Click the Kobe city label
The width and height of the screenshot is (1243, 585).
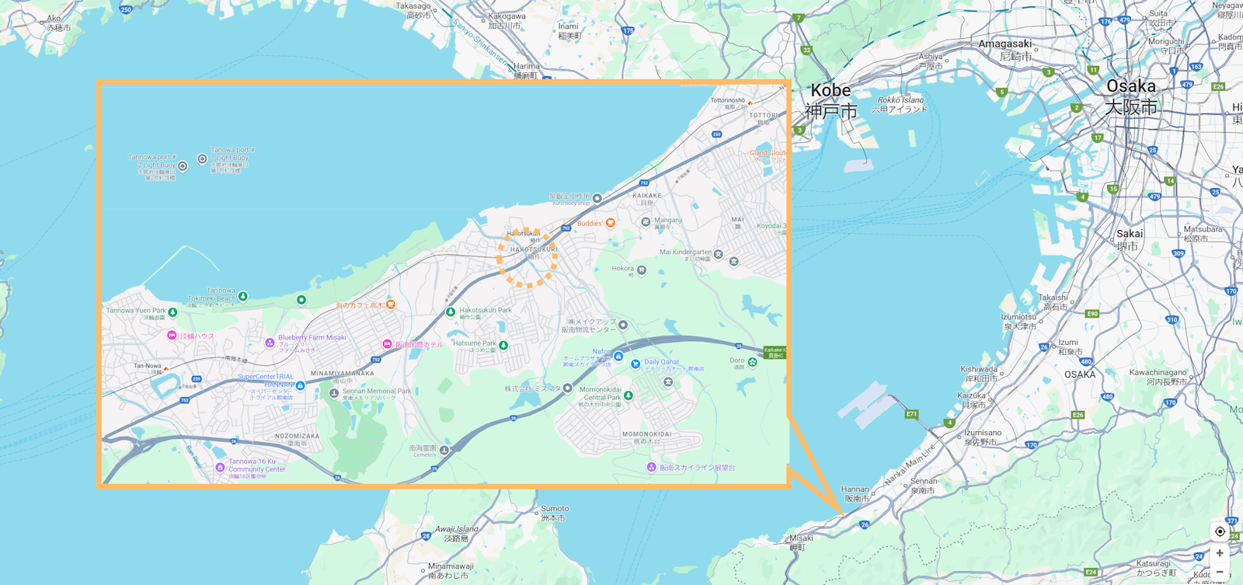coord(830,99)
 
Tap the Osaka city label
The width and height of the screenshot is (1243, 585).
coord(1130,95)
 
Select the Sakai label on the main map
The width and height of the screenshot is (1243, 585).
coord(1129,239)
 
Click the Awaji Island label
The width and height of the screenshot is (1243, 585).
coord(456,533)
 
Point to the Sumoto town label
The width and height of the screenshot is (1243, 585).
coord(554,513)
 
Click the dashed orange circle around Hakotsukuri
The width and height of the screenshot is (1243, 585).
coord(527,257)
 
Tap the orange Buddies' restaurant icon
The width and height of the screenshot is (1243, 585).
coord(611,223)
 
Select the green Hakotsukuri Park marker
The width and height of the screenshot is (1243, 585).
coord(451,312)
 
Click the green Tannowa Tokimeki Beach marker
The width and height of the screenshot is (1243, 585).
coord(243,296)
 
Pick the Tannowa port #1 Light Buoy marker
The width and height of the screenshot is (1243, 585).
coord(202,159)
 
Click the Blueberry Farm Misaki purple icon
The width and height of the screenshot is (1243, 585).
coord(270,343)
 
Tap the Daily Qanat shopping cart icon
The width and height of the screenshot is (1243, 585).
coord(635,364)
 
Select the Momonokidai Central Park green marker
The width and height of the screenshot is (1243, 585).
coord(628,395)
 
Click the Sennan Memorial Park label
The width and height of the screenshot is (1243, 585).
coord(377,393)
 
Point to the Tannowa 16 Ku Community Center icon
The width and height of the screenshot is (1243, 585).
coord(220,468)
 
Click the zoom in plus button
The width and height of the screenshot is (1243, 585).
coord(1220,553)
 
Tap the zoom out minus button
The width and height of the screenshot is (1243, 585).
coord(1220,572)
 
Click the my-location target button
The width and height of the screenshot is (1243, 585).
coord(1220,531)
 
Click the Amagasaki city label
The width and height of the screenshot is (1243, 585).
coord(1005,49)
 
